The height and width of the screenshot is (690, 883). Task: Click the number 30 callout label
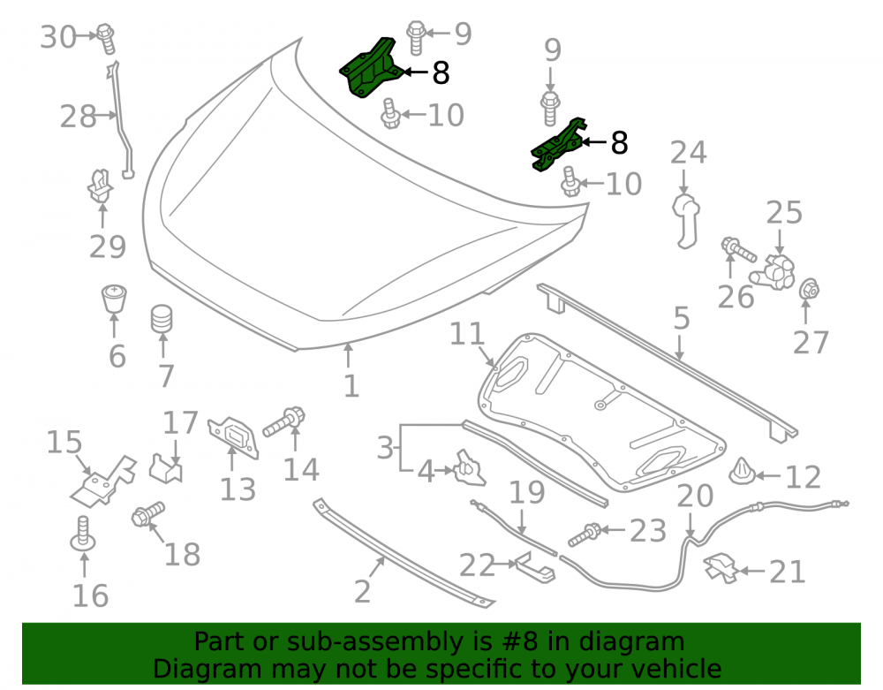tap(58, 38)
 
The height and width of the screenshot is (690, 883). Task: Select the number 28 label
tap(79, 118)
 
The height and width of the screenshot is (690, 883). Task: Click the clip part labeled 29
tap(101, 186)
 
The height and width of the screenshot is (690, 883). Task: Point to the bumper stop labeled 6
tap(114, 299)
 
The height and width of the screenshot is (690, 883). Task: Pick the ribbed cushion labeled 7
tap(162, 319)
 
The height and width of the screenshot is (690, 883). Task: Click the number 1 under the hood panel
tap(351, 386)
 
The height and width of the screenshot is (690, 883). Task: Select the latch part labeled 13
tap(234, 437)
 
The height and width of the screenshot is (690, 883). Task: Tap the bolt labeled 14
tap(283, 422)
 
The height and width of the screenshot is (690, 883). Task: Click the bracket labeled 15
tap(102, 482)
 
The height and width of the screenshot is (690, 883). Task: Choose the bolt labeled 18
tap(148, 513)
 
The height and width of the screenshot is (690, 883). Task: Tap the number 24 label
tap(688, 153)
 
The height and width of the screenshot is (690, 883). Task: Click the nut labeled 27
tap(809, 290)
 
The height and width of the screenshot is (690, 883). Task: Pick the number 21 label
tap(788, 572)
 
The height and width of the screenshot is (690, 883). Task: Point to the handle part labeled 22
tap(535, 568)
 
